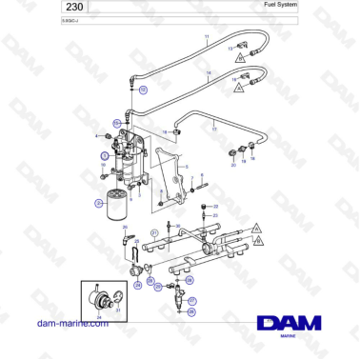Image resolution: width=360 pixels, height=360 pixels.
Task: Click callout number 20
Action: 233,165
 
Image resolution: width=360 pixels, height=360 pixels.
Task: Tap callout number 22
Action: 216,206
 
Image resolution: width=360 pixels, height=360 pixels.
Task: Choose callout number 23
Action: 216,216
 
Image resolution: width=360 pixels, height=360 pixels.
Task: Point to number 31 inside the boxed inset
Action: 117,310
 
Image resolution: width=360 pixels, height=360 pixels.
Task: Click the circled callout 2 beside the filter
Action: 98,203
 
